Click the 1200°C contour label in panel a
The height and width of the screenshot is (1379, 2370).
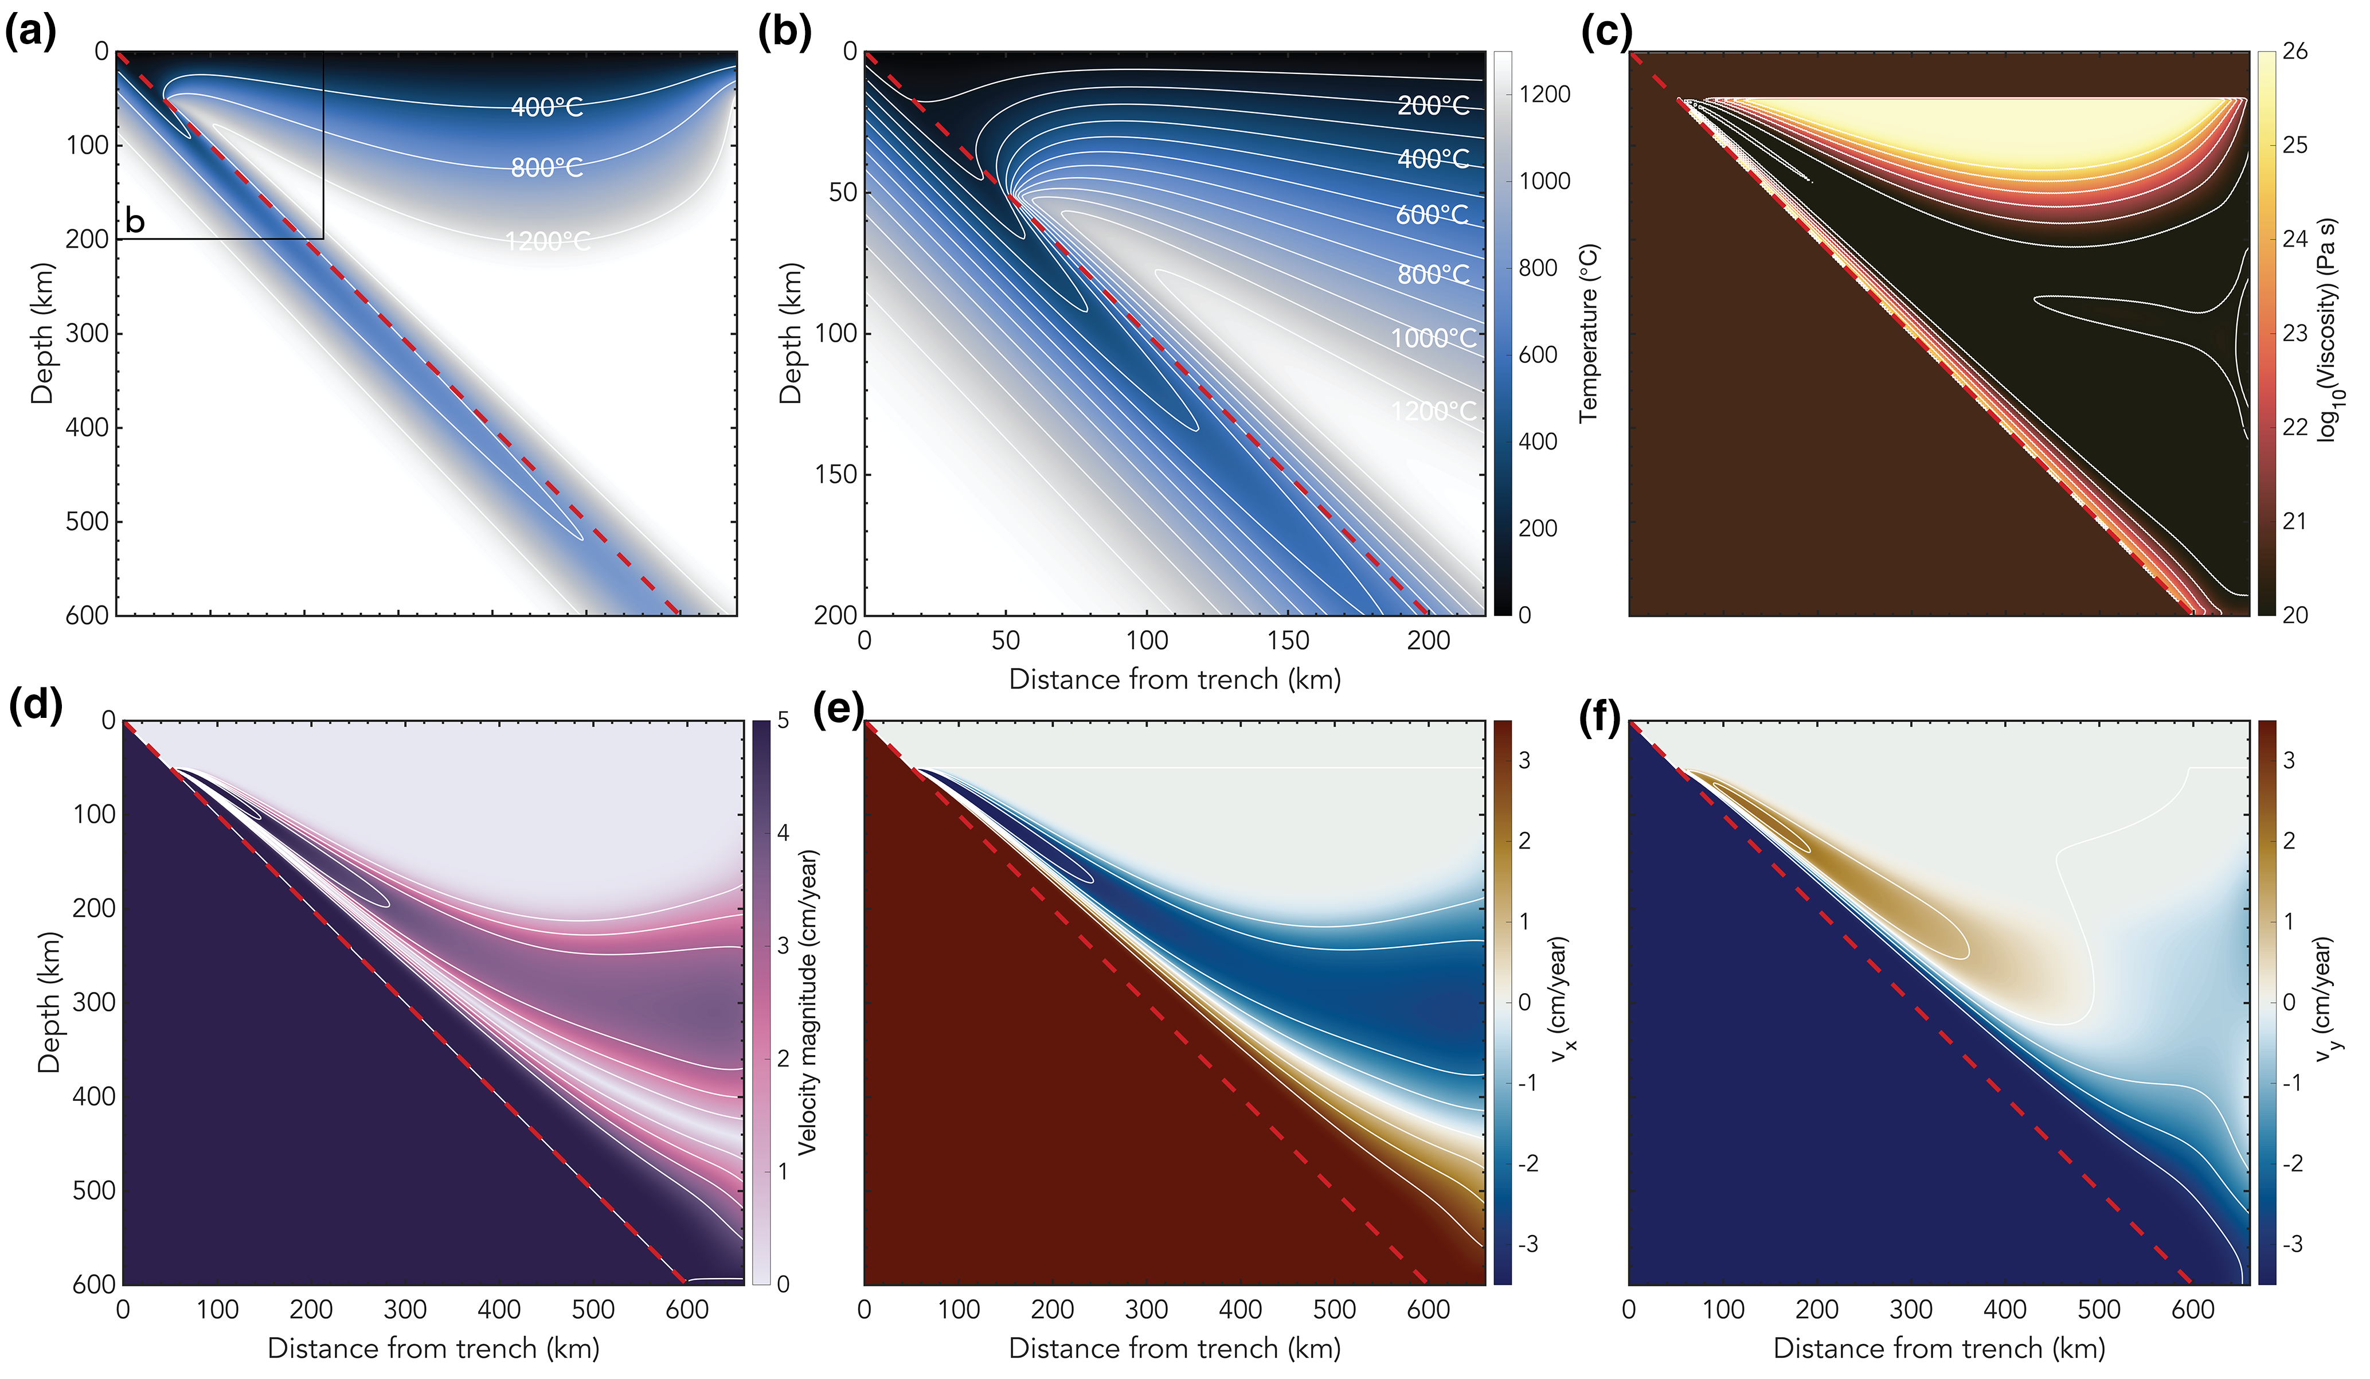(x=547, y=242)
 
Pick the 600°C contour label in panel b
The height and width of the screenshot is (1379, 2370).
(x=1432, y=216)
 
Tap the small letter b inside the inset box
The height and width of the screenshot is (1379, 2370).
(x=135, y=222)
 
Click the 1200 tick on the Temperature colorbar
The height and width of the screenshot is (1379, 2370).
(x=1544, y=94)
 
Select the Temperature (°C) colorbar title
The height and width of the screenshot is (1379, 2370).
(x=1589, y=333)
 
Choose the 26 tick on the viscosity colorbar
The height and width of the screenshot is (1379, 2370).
(x=2295, y=52)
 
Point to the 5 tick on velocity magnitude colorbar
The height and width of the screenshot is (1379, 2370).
(x=783, y=721)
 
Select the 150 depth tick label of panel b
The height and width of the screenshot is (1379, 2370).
(x=836, y=474)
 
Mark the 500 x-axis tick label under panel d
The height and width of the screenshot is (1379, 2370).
(x=593, y=1310)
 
